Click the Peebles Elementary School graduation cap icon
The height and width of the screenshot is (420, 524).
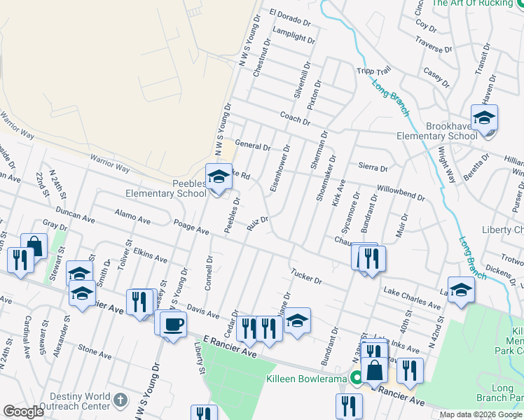pos(218,175)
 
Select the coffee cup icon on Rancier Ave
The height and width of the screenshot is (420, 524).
pos(173,323)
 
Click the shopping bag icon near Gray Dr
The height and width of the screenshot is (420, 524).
pos(34,246)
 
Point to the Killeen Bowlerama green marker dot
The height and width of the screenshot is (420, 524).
pos(357,379)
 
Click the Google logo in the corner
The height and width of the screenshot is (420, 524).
pos(23,411)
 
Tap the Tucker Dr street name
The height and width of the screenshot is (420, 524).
pos(306,276)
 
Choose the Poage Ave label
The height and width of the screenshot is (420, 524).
pos(191,227)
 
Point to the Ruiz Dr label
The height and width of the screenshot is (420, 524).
pos(258,224)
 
